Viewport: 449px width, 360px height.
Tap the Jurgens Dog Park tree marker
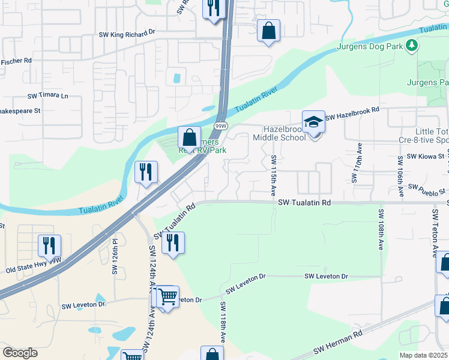click(x=411, y=46)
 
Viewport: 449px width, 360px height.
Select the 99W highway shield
click(x=221, y=125)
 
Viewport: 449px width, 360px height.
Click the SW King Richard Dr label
click(x=127, y=35)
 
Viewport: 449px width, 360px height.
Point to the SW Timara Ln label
click(x=48, y=96)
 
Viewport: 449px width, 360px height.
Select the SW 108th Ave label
click(x=381, y=230)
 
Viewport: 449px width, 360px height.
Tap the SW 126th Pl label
click(x=114, y=256)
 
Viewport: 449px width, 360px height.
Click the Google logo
click(x=20, y=353)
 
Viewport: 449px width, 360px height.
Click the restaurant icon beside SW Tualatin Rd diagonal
click(x=172, y=242)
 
